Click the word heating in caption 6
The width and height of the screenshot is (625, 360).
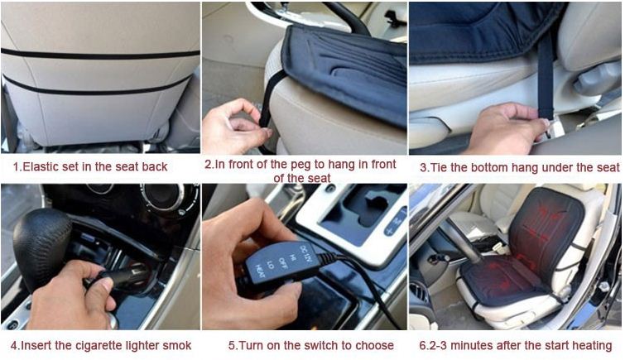591,346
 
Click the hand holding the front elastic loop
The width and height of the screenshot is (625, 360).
236,127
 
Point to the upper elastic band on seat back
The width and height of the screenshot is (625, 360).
100,55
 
